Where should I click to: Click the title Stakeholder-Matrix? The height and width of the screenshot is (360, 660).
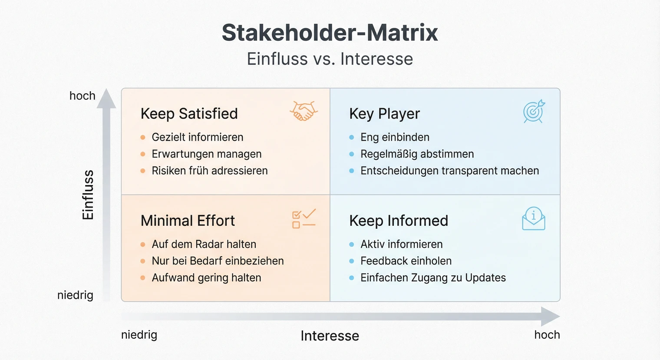coord(330,33)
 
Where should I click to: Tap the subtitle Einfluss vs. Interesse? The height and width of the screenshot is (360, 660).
coord(330,59)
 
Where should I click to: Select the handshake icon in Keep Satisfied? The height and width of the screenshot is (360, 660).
coord(304,111)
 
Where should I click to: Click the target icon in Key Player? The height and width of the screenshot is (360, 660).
coord(534,112)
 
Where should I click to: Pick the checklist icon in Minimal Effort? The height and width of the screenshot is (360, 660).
coord(304,218)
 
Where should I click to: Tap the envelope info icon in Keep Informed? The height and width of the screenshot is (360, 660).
coord(533,218)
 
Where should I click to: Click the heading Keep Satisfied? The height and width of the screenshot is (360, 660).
coord(189,114)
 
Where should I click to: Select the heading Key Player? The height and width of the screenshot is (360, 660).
coord(384,114)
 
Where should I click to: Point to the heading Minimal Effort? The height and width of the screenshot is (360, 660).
coord(188,221)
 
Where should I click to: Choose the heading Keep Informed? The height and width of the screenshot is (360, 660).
coord(398,221)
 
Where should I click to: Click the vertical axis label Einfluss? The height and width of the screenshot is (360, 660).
coord(88,195)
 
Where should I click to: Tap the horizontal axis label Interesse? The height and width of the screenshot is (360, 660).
coord(330,336)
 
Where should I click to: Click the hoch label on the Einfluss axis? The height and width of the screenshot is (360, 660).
coord(82,96)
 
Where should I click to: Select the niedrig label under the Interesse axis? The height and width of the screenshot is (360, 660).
coord(139,335)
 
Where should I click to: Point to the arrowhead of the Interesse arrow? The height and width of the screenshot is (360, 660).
coord(551,316)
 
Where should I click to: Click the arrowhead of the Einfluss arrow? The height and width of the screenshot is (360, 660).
coord(106,99)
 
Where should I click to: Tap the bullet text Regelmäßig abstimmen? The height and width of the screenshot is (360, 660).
coord(417,154)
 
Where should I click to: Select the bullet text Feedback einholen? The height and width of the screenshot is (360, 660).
coord(406,261)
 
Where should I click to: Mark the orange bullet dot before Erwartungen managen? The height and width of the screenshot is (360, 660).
coord(142,154)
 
